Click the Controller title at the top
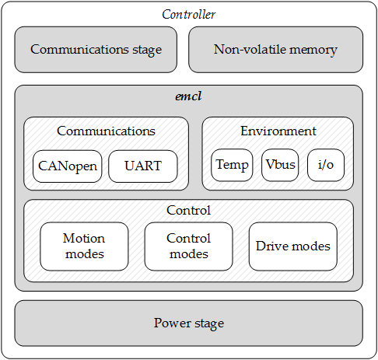tap(188, 14)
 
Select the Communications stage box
tap(96, 50)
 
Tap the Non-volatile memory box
tap(275, 50)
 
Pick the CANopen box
tap(68, 166)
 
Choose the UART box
tap(142, 166)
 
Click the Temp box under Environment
tap(231, 165)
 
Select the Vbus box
tap(279, 165)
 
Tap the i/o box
tap(326, 165)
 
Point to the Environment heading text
tap(278, 131)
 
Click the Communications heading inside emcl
tap(106, 131)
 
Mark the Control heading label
tap(188, 211)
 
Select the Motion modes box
tap(84, 246)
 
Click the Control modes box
tap(188, 246)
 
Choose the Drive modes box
tap(292, 246)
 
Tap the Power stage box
tap(188, 323)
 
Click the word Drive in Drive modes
tap(271, 246)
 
